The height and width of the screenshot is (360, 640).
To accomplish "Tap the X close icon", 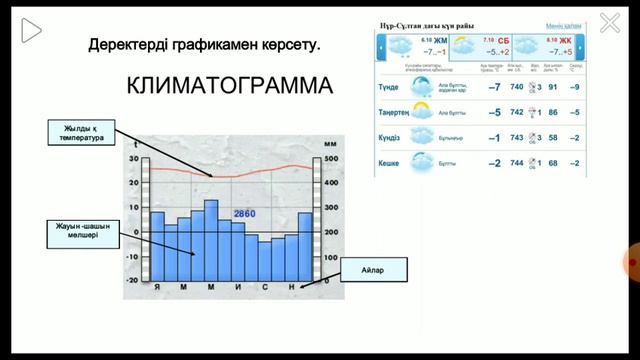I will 609,22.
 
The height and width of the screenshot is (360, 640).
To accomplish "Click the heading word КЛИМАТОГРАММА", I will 230,87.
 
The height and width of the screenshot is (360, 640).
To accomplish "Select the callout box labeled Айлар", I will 366,270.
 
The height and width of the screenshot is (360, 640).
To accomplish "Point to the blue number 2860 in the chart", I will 245,214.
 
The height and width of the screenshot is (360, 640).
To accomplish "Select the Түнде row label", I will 390,87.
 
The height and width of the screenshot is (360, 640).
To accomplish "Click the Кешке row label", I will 391,163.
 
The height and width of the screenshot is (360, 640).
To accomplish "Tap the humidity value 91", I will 553,87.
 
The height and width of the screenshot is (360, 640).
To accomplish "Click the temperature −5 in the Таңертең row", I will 493,112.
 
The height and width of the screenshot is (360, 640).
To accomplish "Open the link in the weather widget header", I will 564,25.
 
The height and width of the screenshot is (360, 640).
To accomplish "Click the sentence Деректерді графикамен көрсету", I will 205,45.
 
